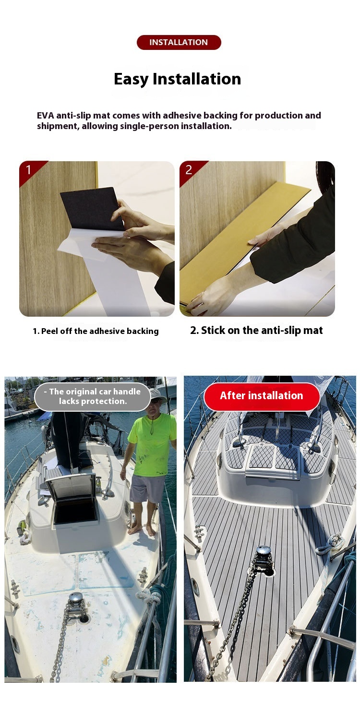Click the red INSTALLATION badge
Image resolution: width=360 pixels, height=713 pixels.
179,42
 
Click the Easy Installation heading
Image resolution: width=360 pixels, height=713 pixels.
177,79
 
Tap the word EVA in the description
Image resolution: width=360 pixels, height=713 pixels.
46,115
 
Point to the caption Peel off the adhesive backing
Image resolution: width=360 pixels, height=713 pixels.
96,331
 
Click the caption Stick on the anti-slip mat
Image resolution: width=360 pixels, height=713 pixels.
256,331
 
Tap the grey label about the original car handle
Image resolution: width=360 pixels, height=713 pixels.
93,397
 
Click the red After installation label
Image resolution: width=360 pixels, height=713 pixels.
262,396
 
